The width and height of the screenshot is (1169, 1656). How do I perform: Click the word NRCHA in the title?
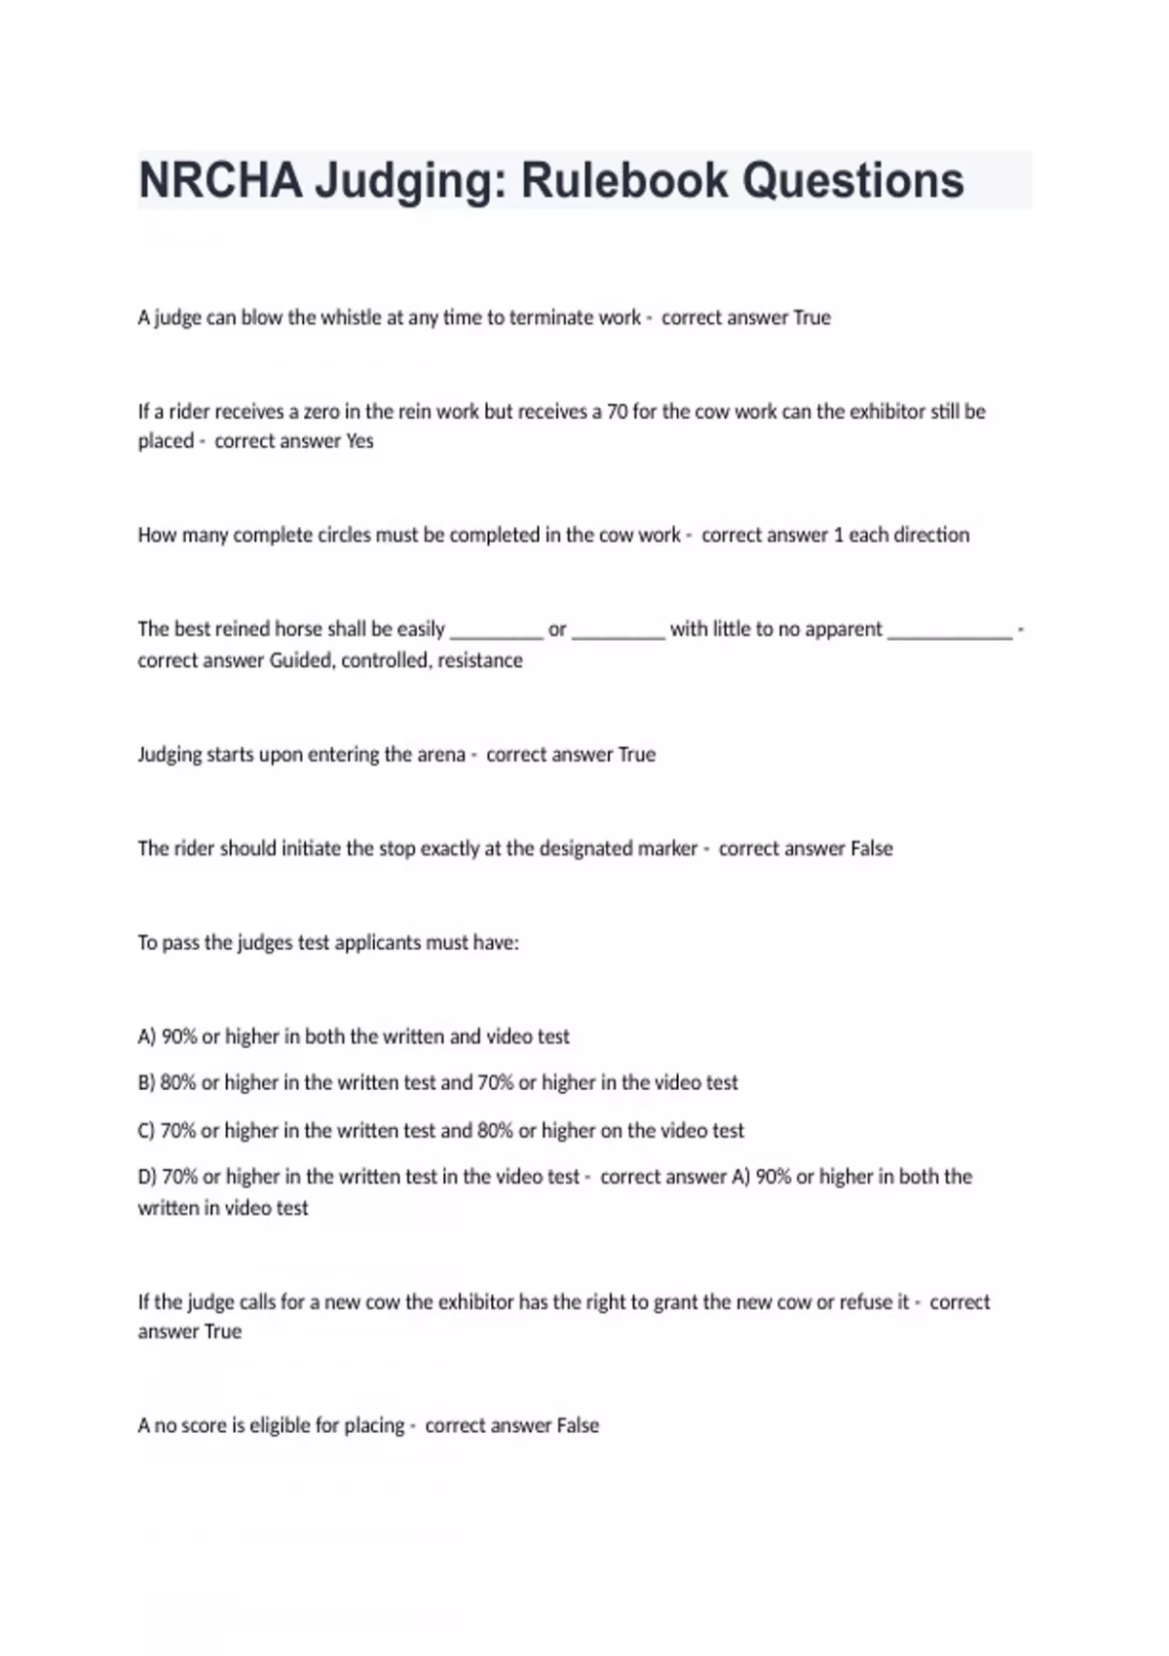tap(220, 181)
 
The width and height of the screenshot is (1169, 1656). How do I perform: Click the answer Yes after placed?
tap(359, 441)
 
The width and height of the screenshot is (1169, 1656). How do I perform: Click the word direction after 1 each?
tap(931, 535)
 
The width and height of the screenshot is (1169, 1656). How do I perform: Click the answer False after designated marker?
tap(871, 848)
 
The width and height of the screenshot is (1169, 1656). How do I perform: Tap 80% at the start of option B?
tap(178, 1082)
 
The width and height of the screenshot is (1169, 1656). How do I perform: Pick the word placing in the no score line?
tap(374, 1426)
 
